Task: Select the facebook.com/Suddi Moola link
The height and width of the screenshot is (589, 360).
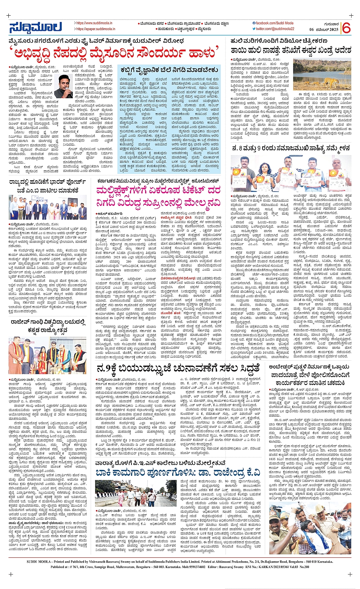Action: (x=274, y=23)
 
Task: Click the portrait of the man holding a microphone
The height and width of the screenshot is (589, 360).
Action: (x=63, y=86)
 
